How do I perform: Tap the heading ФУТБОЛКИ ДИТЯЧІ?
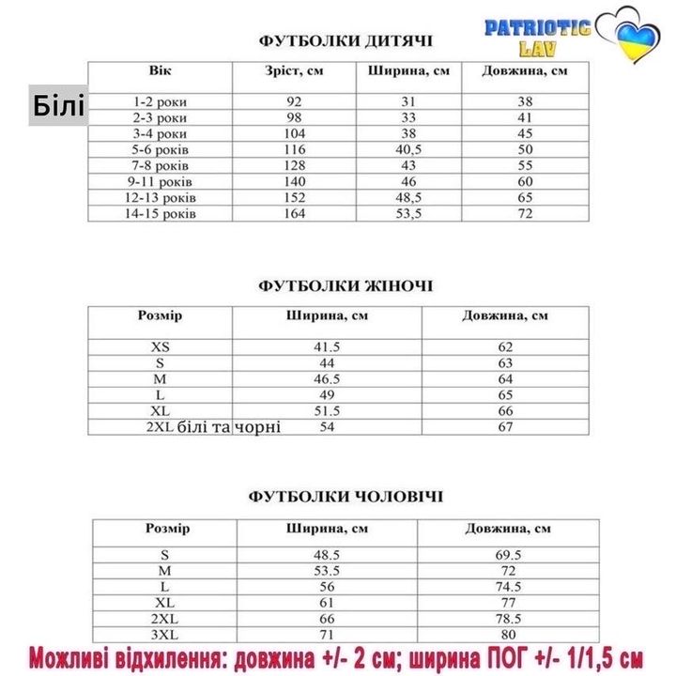(346, 41)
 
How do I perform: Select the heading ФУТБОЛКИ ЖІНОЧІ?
(346, 285)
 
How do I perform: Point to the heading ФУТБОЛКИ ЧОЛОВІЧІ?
(346, 496)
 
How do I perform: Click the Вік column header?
(160, 71)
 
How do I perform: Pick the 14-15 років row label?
(161, 213)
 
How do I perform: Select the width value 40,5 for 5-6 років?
(408, 149)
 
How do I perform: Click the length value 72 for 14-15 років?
(525, 213)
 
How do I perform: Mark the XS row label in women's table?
(161, 346)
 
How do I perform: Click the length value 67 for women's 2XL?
(505, 427)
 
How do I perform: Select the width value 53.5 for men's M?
(327, 570)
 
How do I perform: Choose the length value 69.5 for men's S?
(507, 554)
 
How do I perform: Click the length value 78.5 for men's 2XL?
(507, 618)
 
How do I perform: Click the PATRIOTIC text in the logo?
(536, 27)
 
